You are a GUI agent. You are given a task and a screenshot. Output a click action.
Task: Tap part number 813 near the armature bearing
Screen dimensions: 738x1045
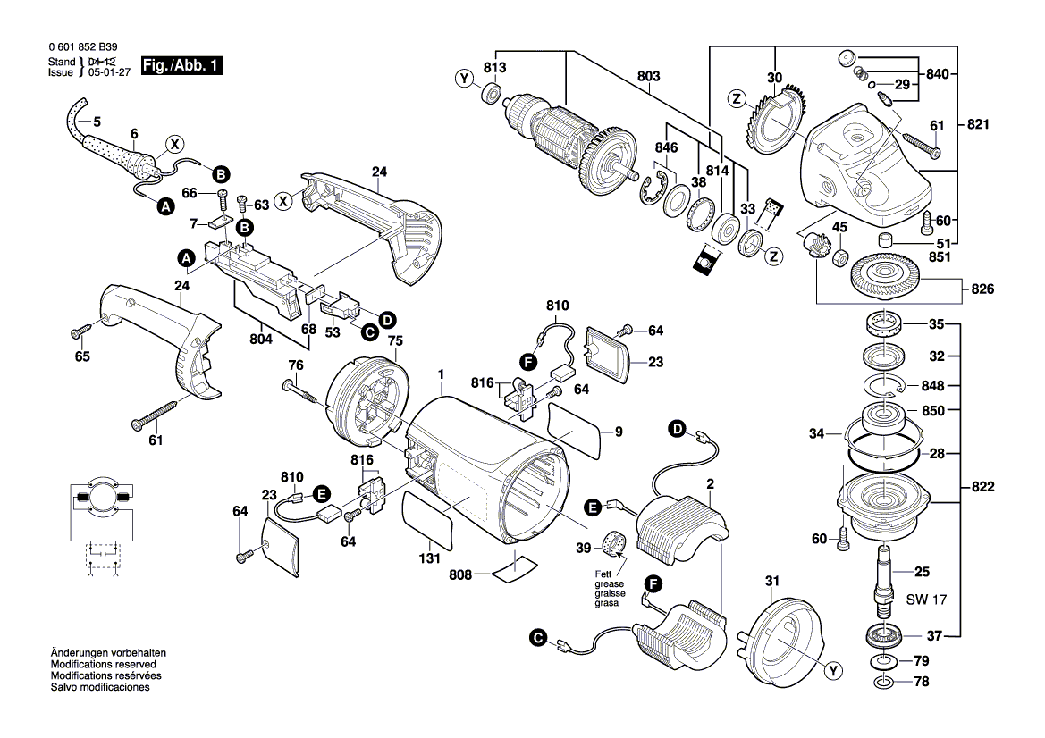(494, 68)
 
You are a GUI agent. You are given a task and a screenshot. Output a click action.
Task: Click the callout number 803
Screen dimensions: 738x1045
(648, 77)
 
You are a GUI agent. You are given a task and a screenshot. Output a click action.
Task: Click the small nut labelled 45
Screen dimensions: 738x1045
(840, 259)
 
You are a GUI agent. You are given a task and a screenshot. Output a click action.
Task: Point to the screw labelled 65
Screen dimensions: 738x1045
(79, 331)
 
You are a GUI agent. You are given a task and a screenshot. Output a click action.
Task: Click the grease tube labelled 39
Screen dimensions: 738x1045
(613, 543)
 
